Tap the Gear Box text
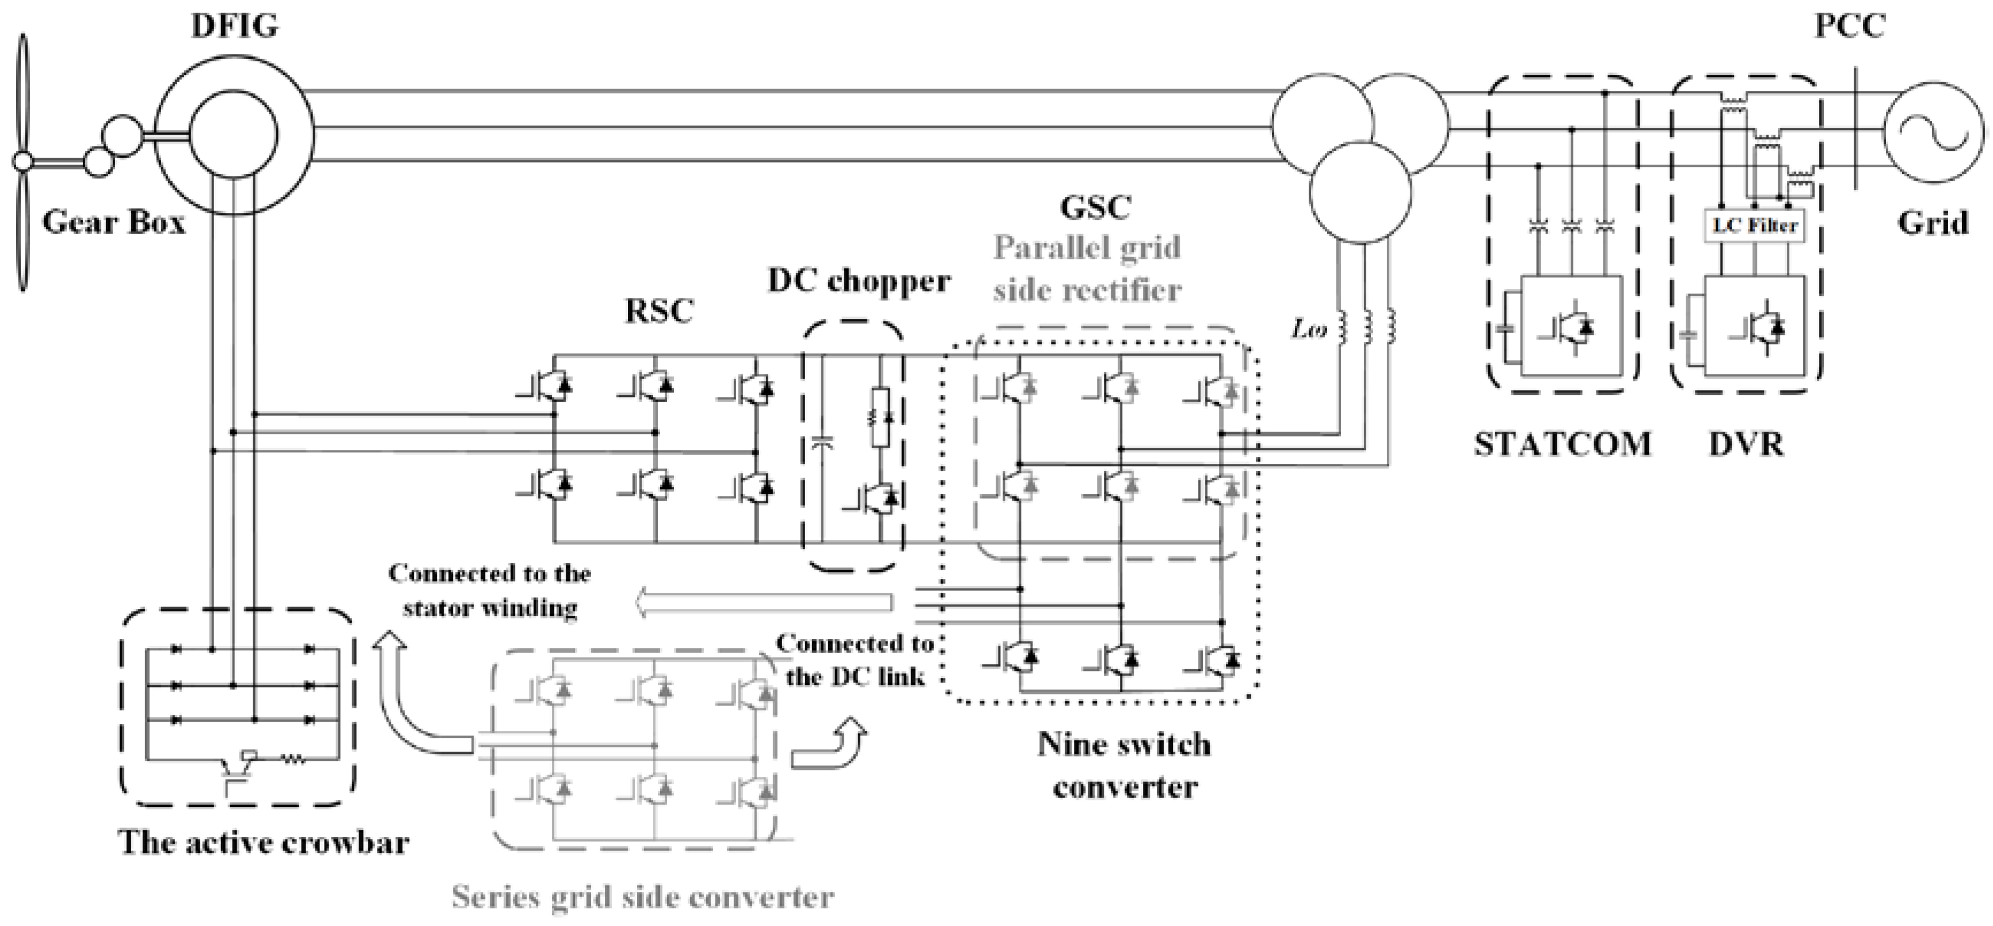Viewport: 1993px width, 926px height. pos(114,222)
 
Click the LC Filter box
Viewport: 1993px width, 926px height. pos(1755,226)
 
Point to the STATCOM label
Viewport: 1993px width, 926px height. pos(1562,444)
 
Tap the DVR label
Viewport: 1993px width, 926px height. pos(1746,444)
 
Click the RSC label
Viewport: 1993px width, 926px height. pos(659,311)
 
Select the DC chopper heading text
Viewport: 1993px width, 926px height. pos(859,280)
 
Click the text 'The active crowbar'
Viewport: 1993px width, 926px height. pos(264,843)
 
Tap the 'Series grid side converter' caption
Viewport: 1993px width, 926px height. pos(643,897)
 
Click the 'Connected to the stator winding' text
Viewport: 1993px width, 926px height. pos(490,590)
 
